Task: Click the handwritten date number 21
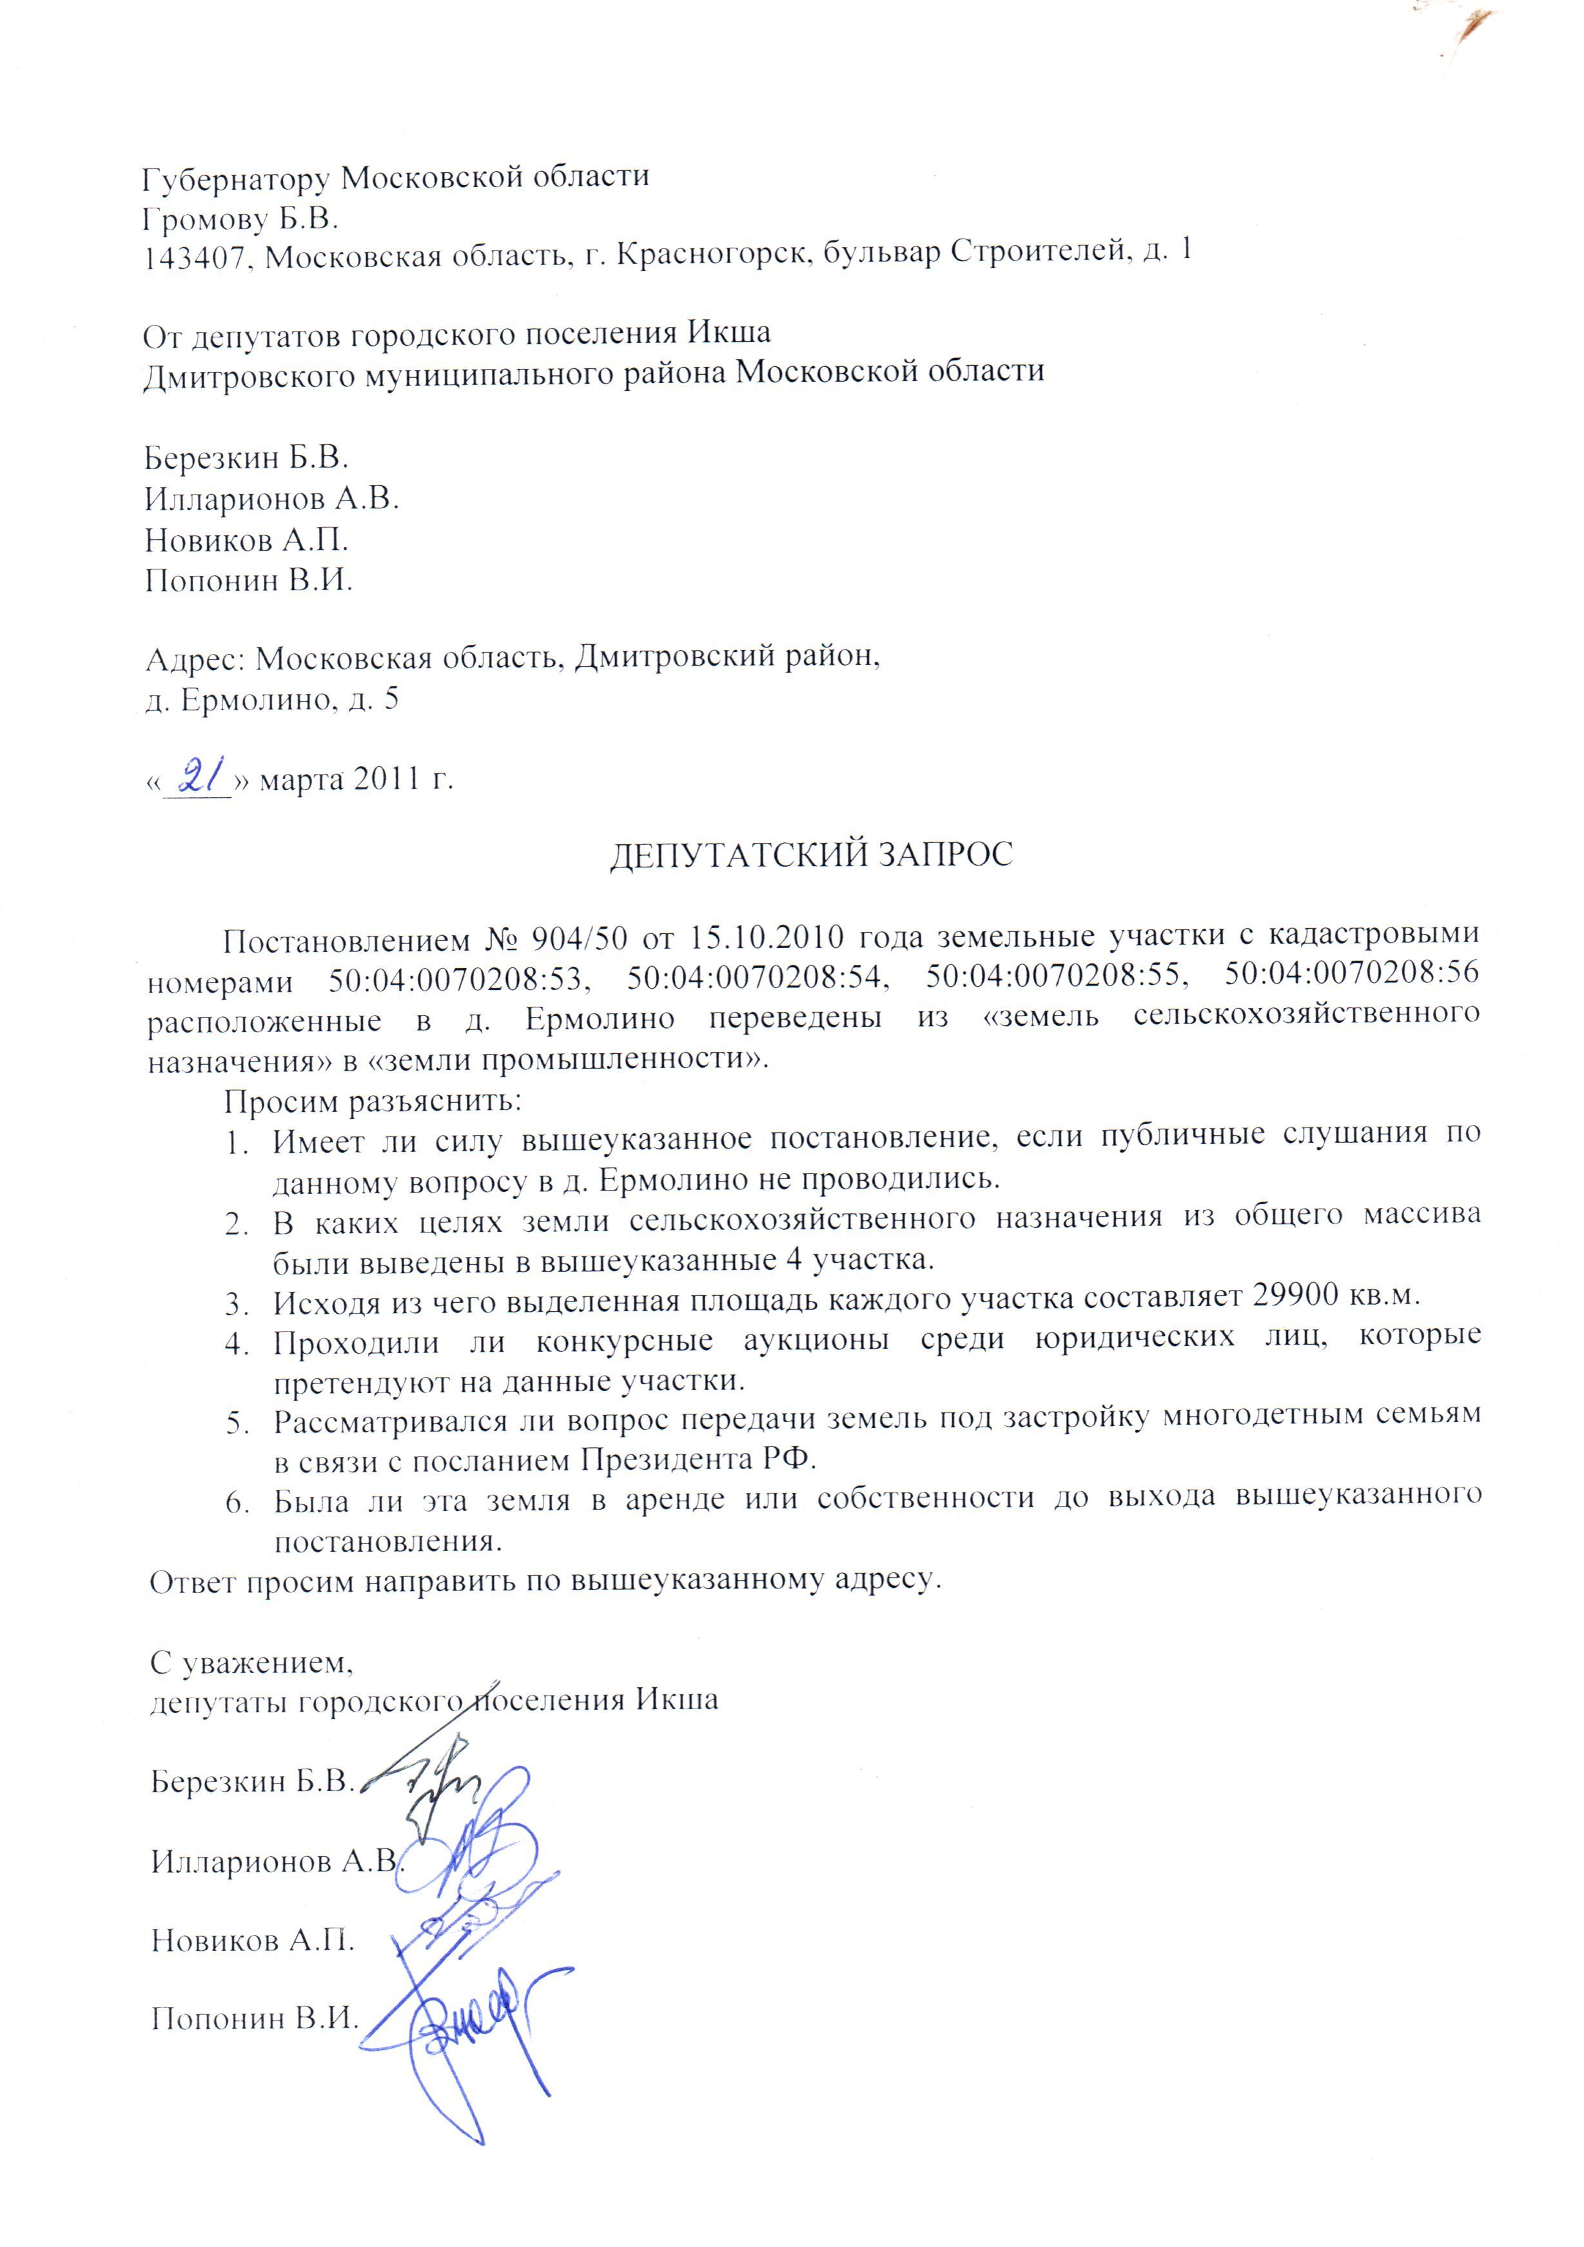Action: click(x=200, y=779)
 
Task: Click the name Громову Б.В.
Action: click(x=240, y=217)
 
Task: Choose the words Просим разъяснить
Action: click(x=373, y=1101)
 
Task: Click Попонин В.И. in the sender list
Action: click(x=248, y=580)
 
